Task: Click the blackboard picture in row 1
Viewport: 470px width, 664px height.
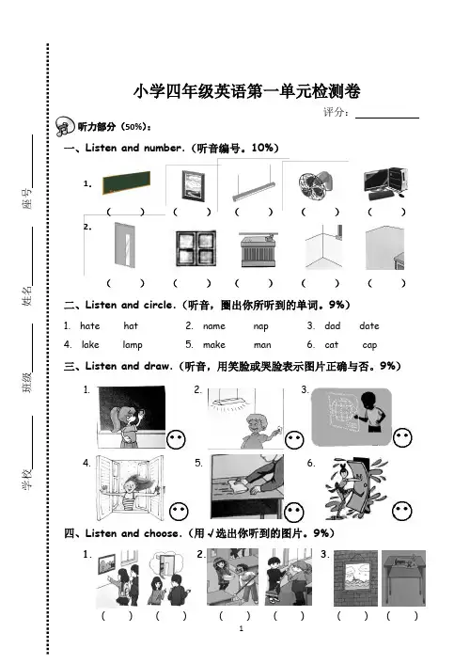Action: tap(126, 182)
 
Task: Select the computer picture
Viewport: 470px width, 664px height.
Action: tap(385, 183)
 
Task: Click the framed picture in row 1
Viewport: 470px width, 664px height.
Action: tap(193, 185)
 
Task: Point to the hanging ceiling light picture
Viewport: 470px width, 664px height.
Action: tap(254, 184)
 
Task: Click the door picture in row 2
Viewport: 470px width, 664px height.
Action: tap(125, 245)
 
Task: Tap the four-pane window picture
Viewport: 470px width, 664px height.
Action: tap(196, 248)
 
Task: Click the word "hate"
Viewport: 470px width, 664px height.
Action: tap(90, 325)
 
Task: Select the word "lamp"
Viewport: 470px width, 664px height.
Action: tap(133, 345)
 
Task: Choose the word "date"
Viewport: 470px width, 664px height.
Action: tap(369, 325)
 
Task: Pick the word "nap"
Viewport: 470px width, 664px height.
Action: tap(260, 326)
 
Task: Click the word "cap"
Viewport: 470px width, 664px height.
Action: tap(369, 345)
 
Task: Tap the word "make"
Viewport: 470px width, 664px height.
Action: tap(214, 345)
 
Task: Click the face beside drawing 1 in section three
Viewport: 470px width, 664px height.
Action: tap(176, 439)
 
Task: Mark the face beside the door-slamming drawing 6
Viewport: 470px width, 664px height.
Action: tap(401, 511)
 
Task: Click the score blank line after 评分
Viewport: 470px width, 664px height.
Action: tap(387, 118)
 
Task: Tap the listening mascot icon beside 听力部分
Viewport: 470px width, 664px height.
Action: tap(65, 126)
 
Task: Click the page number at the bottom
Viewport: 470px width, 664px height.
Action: tap(242, 628)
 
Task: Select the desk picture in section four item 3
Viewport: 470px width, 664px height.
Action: tap(403, 578)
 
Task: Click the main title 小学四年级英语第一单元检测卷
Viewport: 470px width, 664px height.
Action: tap(247, 91)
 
